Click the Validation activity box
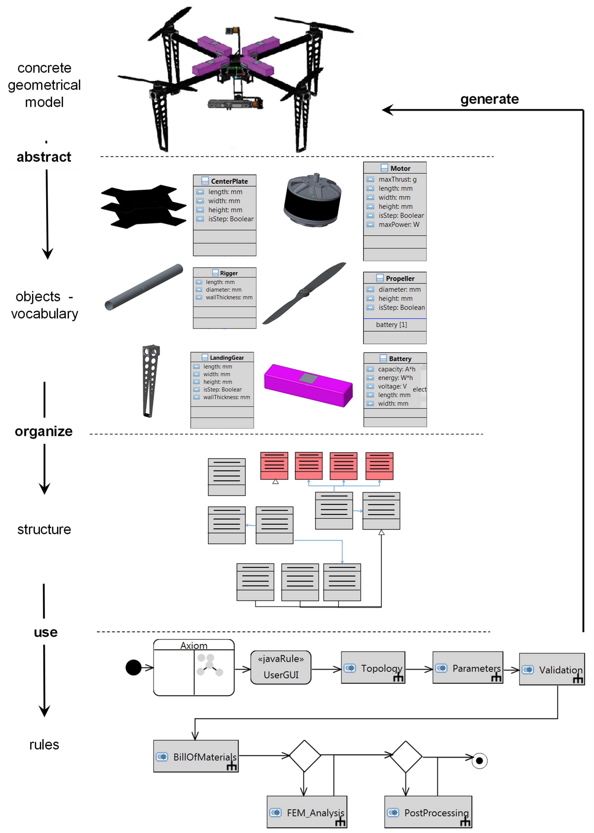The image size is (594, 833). [552, 669]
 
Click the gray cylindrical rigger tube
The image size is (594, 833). [144, 287]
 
